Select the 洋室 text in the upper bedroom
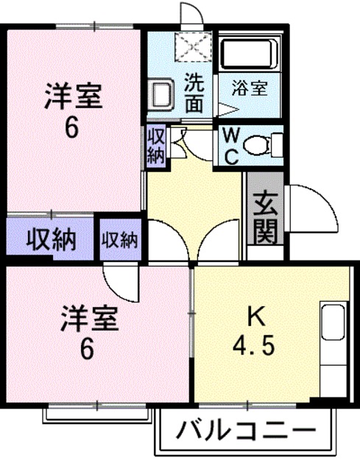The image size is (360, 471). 71,98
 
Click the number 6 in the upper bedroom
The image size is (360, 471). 71,127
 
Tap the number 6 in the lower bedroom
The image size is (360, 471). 87,349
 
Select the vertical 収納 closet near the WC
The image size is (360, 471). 155,144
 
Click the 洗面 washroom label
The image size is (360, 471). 194,93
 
